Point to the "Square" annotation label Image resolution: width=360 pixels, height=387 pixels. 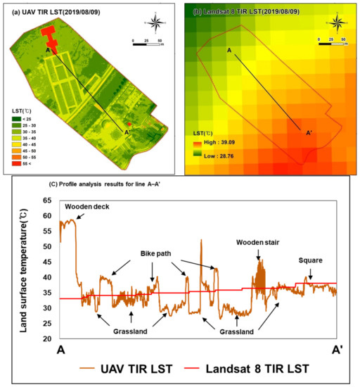309,260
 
